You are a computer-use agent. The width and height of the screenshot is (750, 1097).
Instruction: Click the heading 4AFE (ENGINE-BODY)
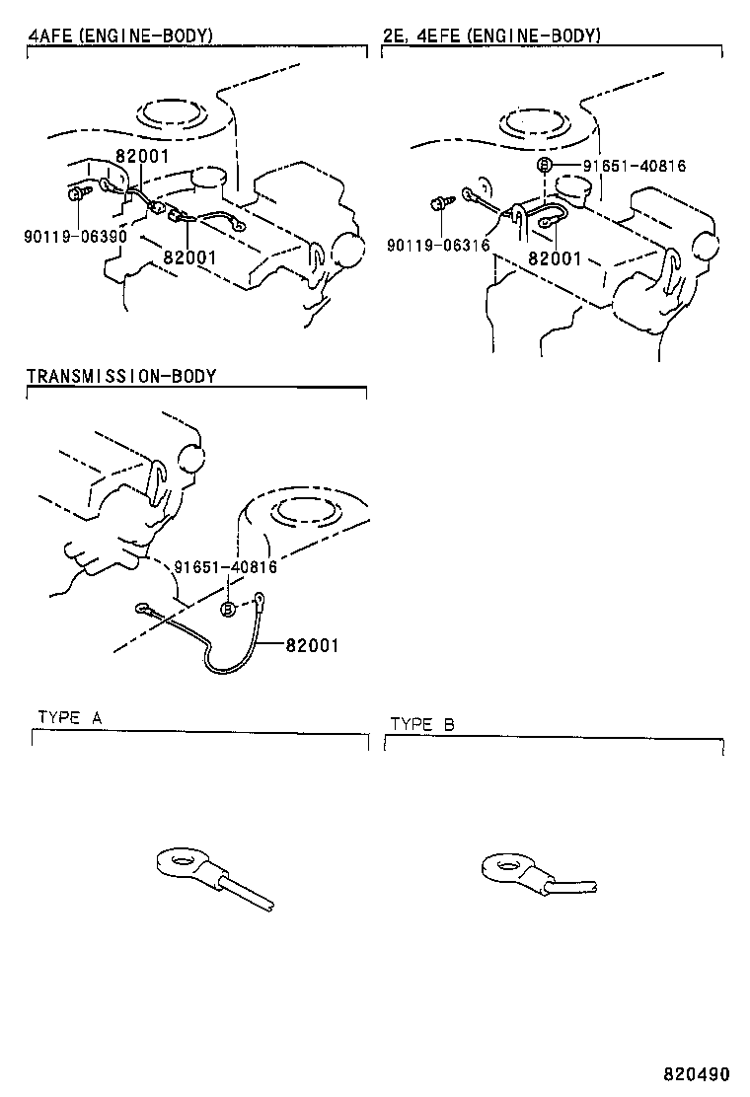tap(119, 37)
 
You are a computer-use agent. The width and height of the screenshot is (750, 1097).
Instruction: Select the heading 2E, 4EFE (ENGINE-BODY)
tap(491, 37)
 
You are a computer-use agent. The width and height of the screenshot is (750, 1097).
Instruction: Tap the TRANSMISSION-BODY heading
tap(120, 376)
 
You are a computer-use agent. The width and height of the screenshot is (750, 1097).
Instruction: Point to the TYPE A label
tap(70, 717)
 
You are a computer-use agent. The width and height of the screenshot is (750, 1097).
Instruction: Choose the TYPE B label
tap(422, 724)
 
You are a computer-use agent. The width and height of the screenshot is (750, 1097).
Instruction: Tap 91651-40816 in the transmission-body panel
tap(225, 567)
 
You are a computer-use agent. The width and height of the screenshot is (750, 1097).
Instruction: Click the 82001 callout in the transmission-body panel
tap(312, 645)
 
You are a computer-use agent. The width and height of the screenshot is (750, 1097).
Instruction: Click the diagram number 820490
tap(696, 1072)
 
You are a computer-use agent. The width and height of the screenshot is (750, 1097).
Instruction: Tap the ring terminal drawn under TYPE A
tap(188, 866)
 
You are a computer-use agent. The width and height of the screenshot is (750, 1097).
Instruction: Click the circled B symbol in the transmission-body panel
tap(227, 610)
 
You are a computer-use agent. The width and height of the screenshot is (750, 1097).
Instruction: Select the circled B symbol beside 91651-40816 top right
tap(544, 165)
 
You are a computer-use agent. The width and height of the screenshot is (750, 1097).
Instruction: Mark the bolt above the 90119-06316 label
tap(437, 204)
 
